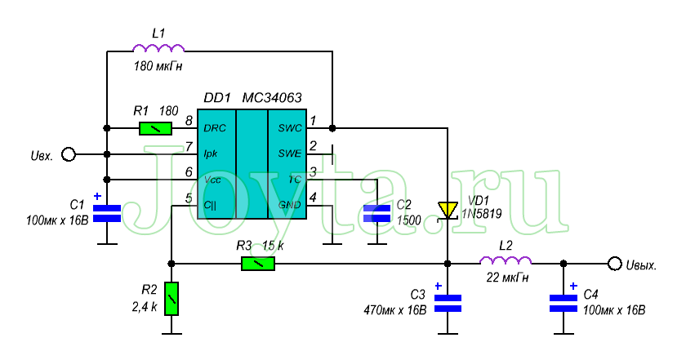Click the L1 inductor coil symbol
click(x=158, y=50)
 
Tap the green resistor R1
click(x=155, y=128)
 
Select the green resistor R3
click(x=257, y=264)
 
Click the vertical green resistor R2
click(x=171, y=299)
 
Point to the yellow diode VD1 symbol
click(x=447, y=211)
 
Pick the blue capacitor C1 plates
click(x=106, y=214)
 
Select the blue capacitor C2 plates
click(x=377, y=214)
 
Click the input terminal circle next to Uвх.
click(x=69, y=154)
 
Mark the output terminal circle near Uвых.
click(x=614, y=263)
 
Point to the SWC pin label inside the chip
click(x=290, y=128)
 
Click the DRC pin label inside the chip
click(x=214, y=128)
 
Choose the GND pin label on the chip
click(x=290, y=204)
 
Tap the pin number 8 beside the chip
click(x=189, y=121)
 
